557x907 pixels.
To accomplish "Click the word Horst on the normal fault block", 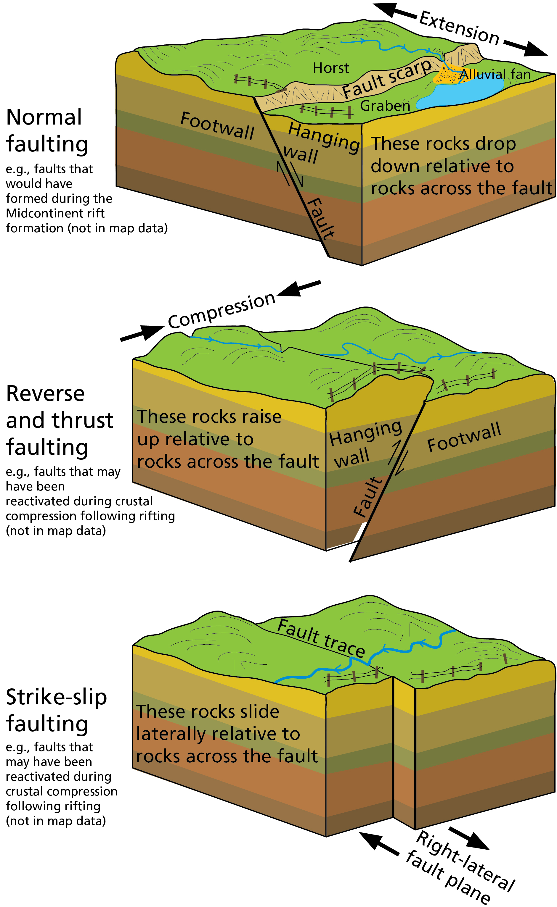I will coord(330,68).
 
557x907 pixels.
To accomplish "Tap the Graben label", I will coord(385,106).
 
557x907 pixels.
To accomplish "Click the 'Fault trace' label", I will coord(320,639).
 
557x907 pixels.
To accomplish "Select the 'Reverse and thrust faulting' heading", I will coord(59,420).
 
